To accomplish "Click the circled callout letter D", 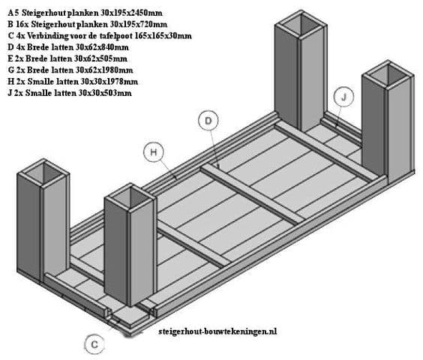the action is pos(208,121).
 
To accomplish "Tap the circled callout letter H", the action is pos(153,152).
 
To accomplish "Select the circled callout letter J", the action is pos(343,97).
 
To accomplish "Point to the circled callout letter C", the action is pos(94,344).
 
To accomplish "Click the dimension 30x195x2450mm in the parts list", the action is pos(132,13).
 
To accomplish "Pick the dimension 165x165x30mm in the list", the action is pos(163,35).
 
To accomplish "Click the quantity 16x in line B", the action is pos(22,24).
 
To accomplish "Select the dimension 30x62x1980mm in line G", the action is pos(104,70).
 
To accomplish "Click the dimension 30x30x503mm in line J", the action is pos(105,93).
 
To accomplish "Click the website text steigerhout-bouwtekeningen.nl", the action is pos(217,331).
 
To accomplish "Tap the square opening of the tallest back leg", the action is pos(301,25).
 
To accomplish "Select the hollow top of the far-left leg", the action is pos(44,172).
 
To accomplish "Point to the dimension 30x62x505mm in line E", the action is pos(101,58).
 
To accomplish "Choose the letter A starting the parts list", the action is pos(10,13).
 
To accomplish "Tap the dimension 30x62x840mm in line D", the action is pos(102,47).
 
